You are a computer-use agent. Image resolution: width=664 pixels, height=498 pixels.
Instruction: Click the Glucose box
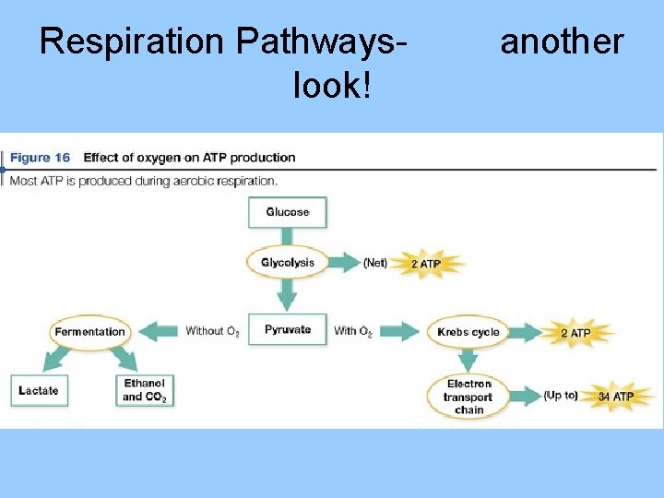coord(288,212)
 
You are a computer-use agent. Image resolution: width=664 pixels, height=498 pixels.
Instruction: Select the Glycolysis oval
coord(288,263)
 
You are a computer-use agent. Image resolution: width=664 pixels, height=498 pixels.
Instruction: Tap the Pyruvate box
coord(288,329)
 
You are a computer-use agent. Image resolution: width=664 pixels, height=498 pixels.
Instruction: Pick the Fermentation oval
coord(89,332)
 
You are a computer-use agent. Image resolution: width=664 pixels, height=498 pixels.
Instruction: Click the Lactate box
coord(38,391)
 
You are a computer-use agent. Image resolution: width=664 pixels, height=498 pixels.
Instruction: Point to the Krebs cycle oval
coord(468,332)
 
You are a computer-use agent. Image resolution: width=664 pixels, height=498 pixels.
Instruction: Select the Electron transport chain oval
coord(468,397)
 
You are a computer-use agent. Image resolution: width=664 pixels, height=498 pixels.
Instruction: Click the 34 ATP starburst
coord(616,397)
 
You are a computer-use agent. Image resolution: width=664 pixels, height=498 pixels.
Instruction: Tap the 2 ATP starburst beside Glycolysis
coord(425,264)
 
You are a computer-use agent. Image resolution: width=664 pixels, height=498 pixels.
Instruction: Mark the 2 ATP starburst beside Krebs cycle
coord(576,332)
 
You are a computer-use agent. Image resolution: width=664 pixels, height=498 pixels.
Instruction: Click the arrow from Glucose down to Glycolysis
coord(288,236)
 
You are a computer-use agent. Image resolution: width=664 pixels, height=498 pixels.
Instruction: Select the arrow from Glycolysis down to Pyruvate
coord(288,295)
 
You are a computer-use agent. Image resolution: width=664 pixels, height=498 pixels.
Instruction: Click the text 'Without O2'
coord(212,331)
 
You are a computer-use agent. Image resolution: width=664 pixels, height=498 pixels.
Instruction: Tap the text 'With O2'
coord(353,331)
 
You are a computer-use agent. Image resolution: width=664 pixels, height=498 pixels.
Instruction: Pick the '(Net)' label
coord(375,263)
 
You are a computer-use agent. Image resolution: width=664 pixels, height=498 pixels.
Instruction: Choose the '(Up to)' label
coord(561,396)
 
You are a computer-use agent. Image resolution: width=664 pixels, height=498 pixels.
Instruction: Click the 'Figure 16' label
coord(42,158)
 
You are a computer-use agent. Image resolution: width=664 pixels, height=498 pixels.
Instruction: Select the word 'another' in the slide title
coord(562,41)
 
